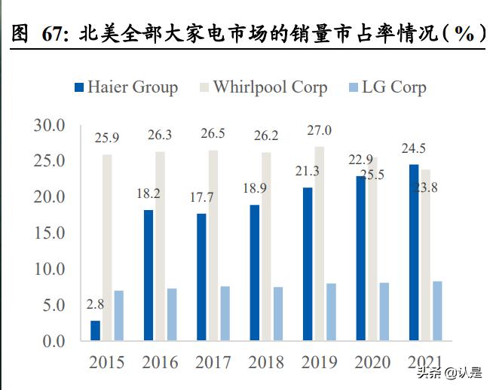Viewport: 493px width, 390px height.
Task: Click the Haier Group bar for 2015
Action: tap(95, 331)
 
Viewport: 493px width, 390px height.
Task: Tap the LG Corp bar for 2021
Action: tap(437, 311)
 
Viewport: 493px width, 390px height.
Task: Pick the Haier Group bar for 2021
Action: tap(414, 252)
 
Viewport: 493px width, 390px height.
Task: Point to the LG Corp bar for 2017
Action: tap(225, 313)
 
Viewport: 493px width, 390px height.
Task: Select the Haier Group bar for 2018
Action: tap(255, 273)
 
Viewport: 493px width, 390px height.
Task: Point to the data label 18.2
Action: tap(149, 194)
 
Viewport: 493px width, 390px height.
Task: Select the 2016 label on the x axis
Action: tap(159, 363)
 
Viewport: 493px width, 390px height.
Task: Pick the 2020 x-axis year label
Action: tap(372, 363)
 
